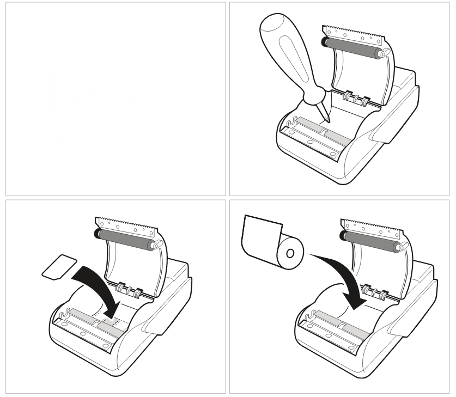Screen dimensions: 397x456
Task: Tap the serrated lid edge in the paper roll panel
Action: [370, 224]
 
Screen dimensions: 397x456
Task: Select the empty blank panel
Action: [114, 98]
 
